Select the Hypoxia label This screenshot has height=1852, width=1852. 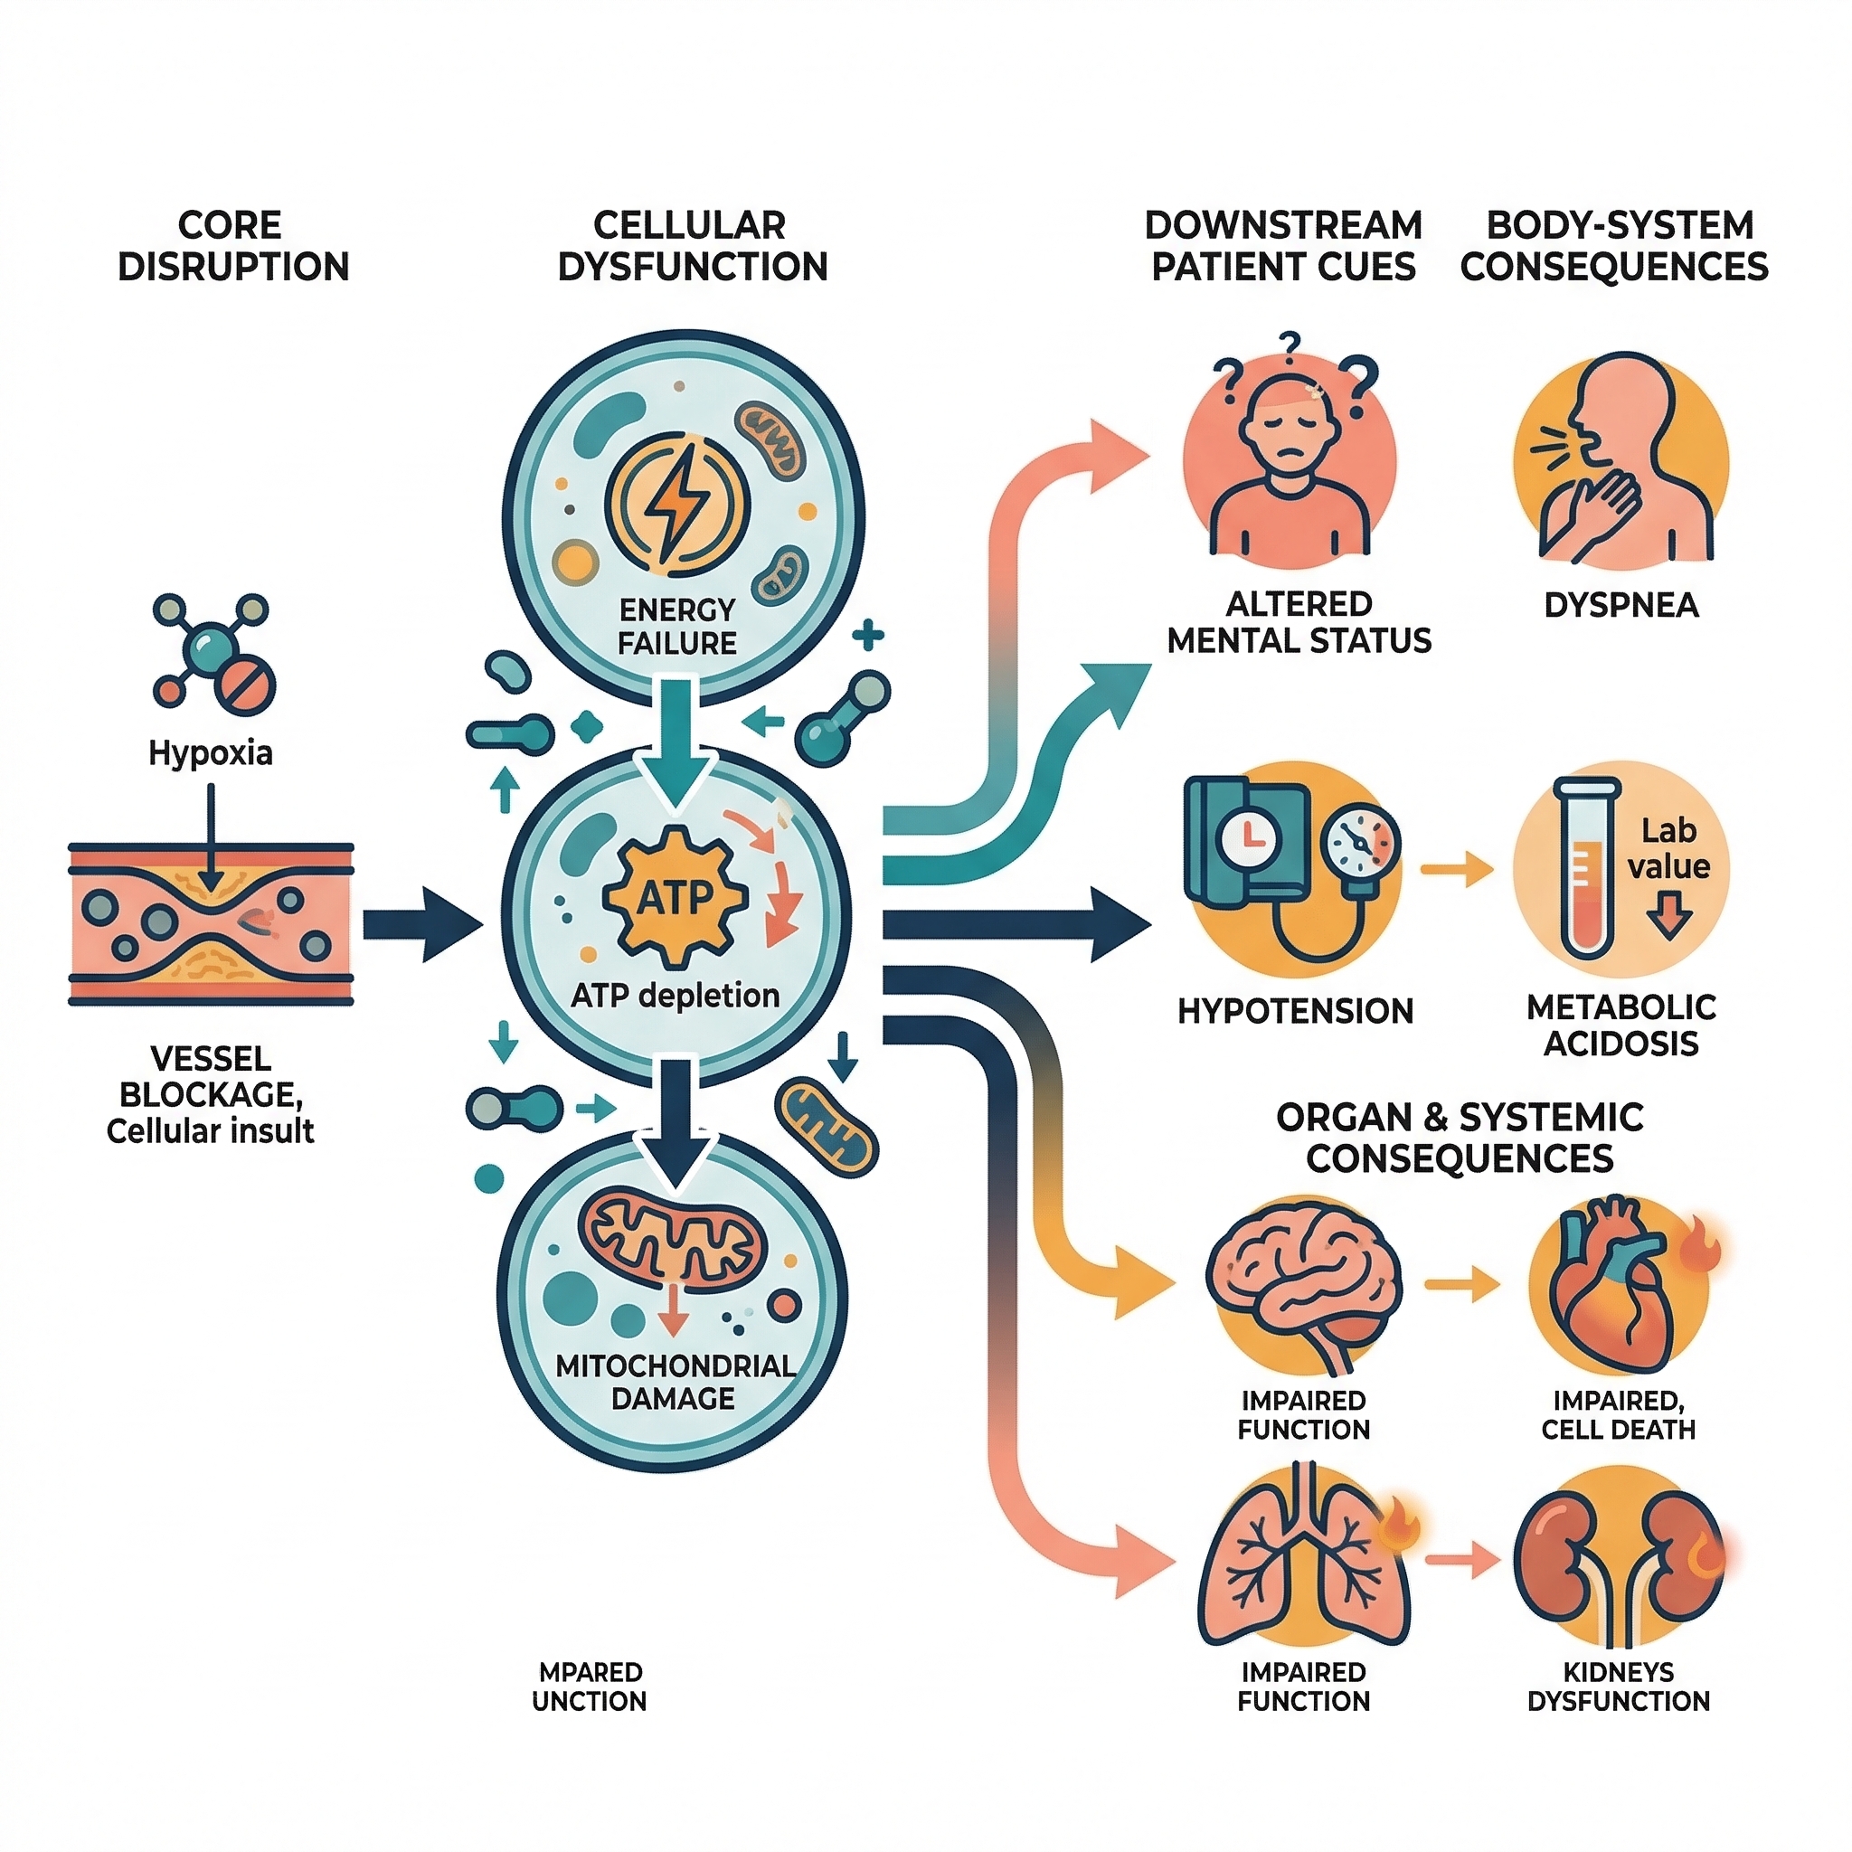click(x=211, y=753)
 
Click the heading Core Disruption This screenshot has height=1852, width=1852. click(x=232, y=245)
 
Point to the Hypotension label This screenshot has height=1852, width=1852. click(x=1295, y=1011)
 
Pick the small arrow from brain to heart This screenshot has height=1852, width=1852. click(x=1462, y=1284)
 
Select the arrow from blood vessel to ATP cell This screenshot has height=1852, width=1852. click(x=421, y=925)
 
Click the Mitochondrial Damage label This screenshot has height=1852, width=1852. click(x=675, y=1382)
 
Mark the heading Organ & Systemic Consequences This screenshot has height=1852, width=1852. click(x=1459, y=1138)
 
